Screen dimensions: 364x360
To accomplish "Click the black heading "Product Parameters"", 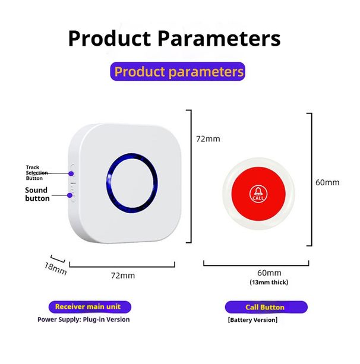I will coord(173,38).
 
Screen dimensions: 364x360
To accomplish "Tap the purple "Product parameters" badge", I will coord(179,72).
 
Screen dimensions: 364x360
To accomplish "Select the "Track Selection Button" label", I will coord(37,173).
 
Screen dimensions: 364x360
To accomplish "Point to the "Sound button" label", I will coord(37,194).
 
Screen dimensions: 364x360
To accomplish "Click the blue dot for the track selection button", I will coord(71,173).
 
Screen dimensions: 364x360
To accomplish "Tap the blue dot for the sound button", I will coord(70,195).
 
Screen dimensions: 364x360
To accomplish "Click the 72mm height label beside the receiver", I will coord(208,139).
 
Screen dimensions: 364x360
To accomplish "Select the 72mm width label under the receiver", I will coord(123,276).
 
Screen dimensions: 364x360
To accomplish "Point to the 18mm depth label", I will coord(55,268).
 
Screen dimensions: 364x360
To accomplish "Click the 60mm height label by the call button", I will coord(327,182).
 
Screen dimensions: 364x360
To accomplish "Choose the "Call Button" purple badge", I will coord(265,308).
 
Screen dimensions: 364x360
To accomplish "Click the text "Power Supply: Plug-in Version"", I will coord(84,319).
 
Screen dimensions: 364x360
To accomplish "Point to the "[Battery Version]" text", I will coord(252,320).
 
